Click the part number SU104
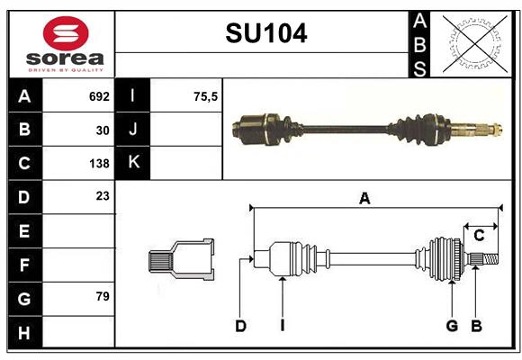click(x=265, y=34)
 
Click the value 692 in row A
click(x=99, y=96)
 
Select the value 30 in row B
click(x=103, y=130)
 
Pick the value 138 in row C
click(x=99, y=164)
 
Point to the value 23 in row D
click(x=103, y=196)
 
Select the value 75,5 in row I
click(x=206, y=96)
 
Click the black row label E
click(x=24, y=231)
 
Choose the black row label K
click(x=133, y=163)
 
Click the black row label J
click(x=133, y=130)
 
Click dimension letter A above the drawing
click(x=364, y=199)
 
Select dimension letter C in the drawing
click(x=480, y=235)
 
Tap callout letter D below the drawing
click(x=240, y=326)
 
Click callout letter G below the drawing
click(x=452, y=326)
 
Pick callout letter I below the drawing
click(x=282, y=326)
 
